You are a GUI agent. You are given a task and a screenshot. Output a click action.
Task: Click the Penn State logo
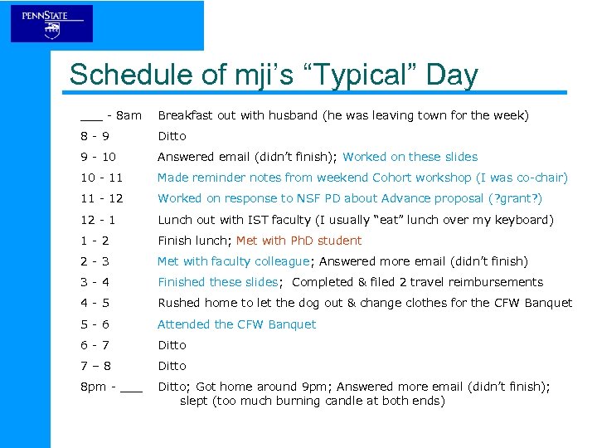51,23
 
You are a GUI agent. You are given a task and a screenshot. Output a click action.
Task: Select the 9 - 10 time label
98,157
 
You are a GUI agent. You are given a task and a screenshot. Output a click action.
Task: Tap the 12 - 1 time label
98,220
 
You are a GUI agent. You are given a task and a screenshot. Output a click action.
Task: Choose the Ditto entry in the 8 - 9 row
172,136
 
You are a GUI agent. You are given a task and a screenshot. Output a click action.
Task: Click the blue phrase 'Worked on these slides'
410,157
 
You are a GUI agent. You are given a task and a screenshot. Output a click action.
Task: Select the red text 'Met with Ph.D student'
298,241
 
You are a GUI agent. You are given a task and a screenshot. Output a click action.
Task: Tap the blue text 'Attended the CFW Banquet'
236,324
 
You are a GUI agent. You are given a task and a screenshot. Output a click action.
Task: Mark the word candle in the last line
332,401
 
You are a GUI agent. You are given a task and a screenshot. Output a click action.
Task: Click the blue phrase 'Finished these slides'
218,282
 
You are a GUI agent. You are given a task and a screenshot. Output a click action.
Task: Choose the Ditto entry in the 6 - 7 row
172,345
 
